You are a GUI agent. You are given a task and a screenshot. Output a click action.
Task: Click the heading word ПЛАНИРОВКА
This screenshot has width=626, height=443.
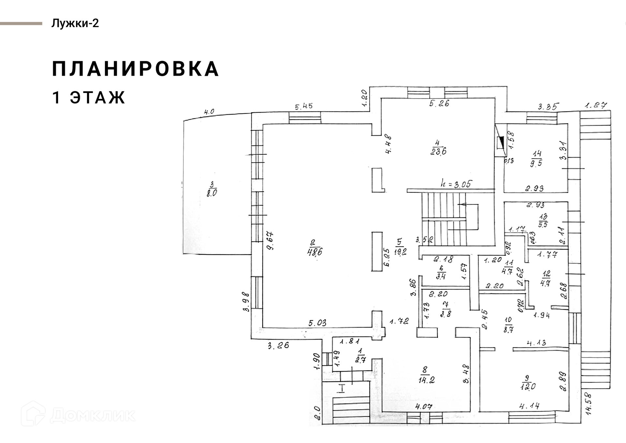click(x=135, y=69)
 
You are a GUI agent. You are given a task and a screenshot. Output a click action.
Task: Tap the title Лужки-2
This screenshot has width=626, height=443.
click(x=75, y=23)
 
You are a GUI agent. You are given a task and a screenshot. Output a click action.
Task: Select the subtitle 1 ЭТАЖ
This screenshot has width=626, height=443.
click(x=89, y=98)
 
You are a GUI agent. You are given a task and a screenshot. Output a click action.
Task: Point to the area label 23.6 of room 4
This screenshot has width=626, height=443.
click(x=438, y=151)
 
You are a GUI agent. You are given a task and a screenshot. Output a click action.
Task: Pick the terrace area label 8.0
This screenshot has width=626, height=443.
click(x=212, y=193)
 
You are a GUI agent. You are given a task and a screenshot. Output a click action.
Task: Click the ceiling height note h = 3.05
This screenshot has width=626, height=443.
click(x=456, y=184)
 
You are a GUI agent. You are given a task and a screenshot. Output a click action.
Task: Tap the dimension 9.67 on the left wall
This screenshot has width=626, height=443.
click(x=270, y=240)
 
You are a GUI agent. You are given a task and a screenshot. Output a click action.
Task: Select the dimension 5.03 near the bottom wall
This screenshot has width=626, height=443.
click(x=317, y=323)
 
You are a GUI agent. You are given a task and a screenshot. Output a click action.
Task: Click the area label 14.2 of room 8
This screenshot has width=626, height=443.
click(x=426, y=380)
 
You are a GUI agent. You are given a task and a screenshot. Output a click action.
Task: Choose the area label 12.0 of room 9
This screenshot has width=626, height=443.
click(x=528, y=387)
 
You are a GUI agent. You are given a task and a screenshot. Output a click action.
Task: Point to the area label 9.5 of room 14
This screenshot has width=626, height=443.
click(x=536, y=163)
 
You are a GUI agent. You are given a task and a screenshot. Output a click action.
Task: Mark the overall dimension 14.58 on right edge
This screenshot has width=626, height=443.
click(x=589, y=403)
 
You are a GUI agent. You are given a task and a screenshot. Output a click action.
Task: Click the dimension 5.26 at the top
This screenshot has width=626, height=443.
click(x=439, y=103)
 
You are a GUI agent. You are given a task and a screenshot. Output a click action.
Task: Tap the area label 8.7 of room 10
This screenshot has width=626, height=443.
click(x=508, y=329)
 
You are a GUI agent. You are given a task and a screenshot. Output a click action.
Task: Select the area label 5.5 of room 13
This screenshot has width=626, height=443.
click(x=543, y=224)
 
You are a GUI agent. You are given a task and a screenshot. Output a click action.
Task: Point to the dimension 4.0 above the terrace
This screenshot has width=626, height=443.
click(x=209, y=112)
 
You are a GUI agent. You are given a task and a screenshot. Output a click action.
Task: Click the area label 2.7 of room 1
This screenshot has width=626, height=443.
click(x=361, y=359)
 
